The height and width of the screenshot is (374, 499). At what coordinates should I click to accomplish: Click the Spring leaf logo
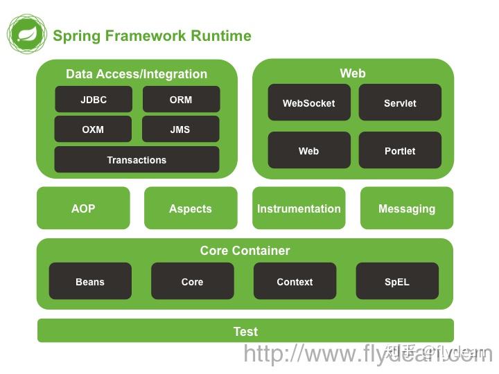click(x=27, y=33)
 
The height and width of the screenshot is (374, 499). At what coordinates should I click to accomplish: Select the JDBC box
click(x=94, y=100)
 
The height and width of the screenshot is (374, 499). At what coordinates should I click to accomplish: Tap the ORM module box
click(x=181, y=100)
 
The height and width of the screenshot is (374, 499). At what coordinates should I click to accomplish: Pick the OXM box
click(x=93, y=130)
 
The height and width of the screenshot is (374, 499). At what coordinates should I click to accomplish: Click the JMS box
click(x=180, y=130)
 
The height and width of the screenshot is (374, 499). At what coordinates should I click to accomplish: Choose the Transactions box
click(x=137, y=160)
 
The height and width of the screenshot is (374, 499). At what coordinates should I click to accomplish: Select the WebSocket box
click(x=308, y=103)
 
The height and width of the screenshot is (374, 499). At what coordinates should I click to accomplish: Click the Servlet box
click(x=400, y=103)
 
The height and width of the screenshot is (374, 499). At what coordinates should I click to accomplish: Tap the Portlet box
click(x=400, y=150)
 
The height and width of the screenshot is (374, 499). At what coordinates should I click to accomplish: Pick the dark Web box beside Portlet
click(x=308, y=150)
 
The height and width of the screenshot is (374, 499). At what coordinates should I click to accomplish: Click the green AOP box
click(x=83, y=208)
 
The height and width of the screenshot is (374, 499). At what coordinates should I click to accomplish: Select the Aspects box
click(x=191, y=208)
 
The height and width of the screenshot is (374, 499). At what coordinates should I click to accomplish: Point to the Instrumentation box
click(x=299, y=208)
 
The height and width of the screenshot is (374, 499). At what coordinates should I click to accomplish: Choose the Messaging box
click(x=407, y=208)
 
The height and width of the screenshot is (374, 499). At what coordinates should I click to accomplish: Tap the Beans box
click(x=90, y=282)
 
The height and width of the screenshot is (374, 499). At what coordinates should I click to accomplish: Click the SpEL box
click(x=397, y=282)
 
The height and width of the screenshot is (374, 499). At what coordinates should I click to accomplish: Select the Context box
click(x=295, y=282)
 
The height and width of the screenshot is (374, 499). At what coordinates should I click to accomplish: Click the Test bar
click(x=245, y=331)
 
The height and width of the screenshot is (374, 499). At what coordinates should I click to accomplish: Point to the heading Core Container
click(x=245, y=251)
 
